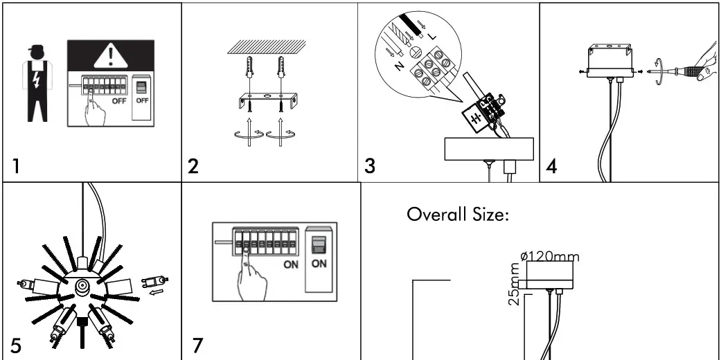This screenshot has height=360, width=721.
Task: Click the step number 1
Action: coord(15,166)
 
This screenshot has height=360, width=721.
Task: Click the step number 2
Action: coord(195,166)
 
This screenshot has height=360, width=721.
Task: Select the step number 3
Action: coord(371,166)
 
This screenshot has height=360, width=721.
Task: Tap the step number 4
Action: coord(552,166)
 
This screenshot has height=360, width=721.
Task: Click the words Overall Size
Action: coord(458,214)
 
